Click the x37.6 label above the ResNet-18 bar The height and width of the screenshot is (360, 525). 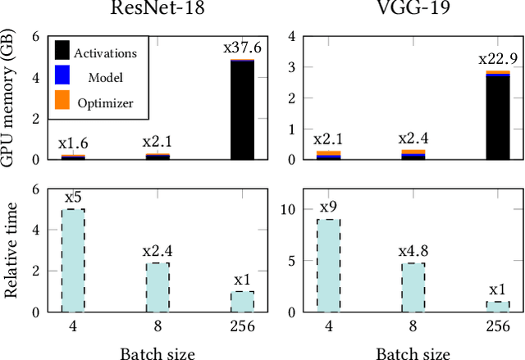[x=242, y=48]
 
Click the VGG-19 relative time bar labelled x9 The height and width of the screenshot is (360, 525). [x=328, y=265]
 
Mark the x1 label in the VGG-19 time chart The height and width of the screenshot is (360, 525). [x=498, y=289]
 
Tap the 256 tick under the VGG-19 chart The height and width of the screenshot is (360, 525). [x=498, y=326]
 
